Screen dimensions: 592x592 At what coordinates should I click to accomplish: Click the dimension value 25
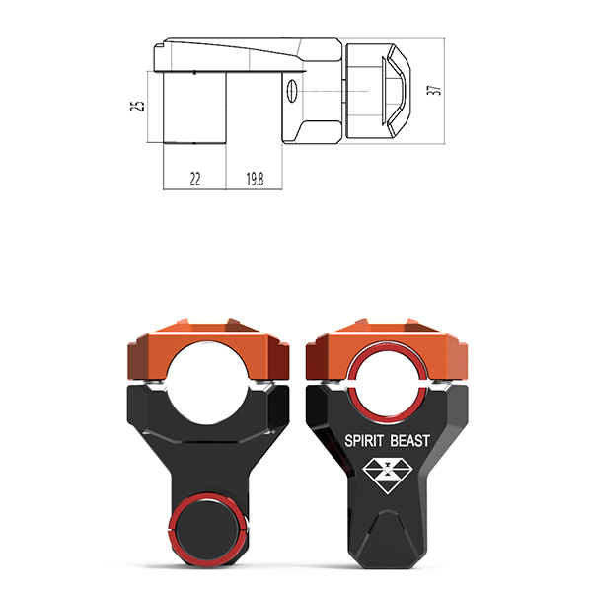click(x=140, y=106)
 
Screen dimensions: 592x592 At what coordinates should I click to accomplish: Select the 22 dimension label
click(x=194, y=179)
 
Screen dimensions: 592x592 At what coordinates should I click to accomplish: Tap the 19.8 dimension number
click(x=255, y=179)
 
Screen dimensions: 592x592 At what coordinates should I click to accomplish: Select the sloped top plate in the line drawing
click(x=237, y=54)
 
